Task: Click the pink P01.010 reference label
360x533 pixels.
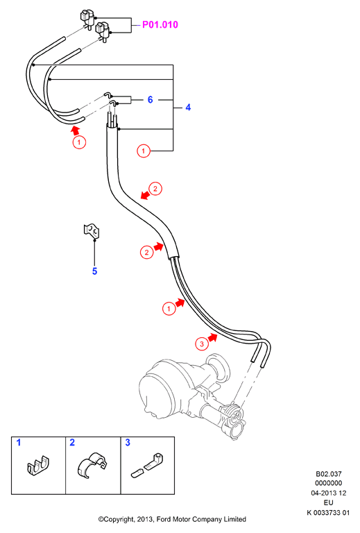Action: pyautogui.click(x=160, y=25)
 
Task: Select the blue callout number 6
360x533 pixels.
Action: pyautogui.click(x=150, y=100)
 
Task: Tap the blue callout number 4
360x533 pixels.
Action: pyautogui.click(x=188, y=108)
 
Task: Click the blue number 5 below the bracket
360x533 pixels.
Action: pyautogui.click(x=95, y=271)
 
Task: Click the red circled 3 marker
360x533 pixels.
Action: pyautogui.click(x=202, y=344)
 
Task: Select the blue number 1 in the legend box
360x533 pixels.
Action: pyautogui.click(x=19, y=442)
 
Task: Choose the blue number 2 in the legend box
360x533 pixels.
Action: pyautogui.click(x=72, y=442)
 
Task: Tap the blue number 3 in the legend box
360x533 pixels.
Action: pyautogui.click(x=128, y=442)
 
